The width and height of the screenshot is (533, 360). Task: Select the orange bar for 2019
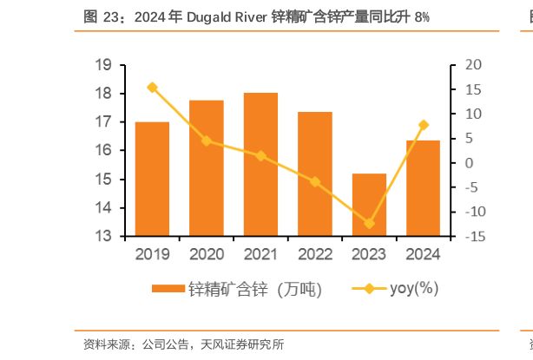(x=153, y=179)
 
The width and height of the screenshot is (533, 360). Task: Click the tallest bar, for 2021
(x=260, y=164)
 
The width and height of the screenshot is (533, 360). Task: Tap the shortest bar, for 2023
(x=369, y=205)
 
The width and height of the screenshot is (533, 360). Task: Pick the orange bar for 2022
(x=314, y=173)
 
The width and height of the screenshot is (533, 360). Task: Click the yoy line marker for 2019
(x=153, y=88)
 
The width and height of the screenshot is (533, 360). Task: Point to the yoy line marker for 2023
(x=369, y=224)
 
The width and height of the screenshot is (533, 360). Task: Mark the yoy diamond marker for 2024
(x=423, y=125)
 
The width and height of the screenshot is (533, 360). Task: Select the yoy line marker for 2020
(x=207, y=141)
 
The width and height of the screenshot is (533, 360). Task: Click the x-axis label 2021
(x=260, y=254)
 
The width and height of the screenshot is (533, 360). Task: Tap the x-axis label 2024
(x=423, y=254)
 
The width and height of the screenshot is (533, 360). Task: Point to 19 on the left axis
(x=103, y=65)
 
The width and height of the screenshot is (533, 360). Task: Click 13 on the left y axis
(x=103, y=236)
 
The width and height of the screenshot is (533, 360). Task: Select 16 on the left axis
(x=103, y=151)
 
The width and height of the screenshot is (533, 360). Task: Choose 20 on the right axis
(x=474, y=65)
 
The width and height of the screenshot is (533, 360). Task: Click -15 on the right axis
(x=474, y=236)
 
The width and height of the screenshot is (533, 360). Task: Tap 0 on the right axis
(x=470, y=163)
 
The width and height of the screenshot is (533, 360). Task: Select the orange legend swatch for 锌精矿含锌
(x=168, y=290)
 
